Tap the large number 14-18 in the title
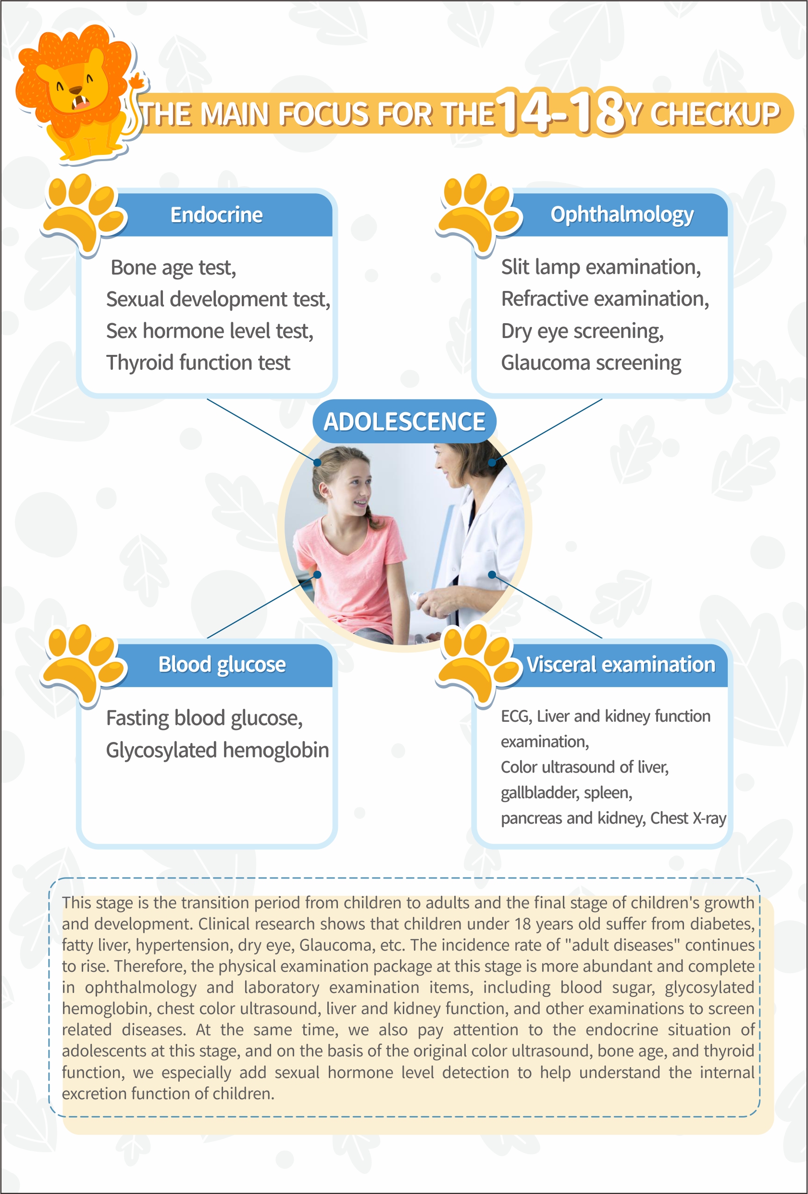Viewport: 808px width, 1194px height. click(x=561, y=112)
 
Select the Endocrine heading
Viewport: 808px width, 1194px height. click(x=216, y=215)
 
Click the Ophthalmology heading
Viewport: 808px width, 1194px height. click(x=622, y=215)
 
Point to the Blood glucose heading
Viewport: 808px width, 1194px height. click(x=222, y=664)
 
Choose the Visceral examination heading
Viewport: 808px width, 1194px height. click(x=621, y=664)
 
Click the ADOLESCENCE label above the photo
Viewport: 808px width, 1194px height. click(x=404, y=421)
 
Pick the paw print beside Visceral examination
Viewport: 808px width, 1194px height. click(x=478, y=664)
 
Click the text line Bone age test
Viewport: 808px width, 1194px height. click(x=173, y=268)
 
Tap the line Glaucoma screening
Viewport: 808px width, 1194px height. click(x=591, y=363)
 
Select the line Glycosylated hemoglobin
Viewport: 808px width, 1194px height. click(x=217, y=750)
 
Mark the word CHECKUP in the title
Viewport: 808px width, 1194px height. click(x=715, y=113)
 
